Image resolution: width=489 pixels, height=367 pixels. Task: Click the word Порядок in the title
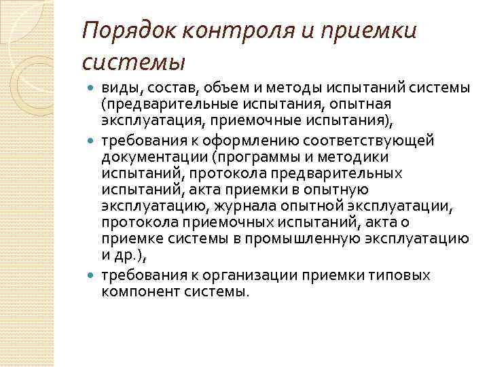point(120,31)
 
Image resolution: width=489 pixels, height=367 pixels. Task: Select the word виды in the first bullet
point(117,89)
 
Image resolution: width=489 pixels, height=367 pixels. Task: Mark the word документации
point(149,156)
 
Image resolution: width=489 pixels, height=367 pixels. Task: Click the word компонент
point(136,292)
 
